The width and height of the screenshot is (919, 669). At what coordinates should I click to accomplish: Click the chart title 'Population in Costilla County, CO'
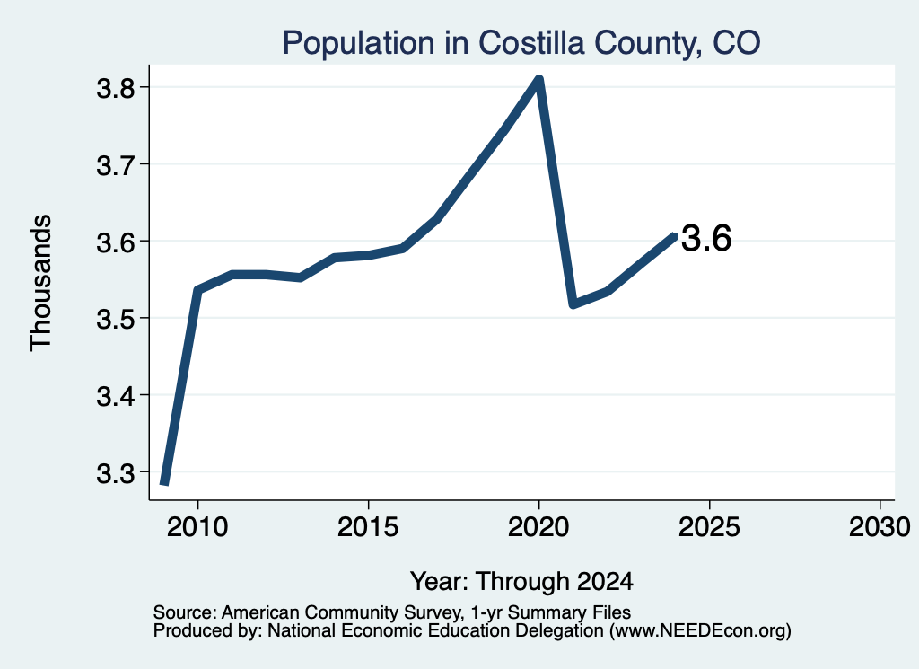coord(521,43)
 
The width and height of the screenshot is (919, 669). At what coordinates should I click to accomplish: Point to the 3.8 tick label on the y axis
coord(116,88)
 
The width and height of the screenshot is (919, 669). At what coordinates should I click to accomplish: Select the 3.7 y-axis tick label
coord(116,164)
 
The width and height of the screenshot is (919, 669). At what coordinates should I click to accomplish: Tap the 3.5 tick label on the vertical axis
coord(116,319)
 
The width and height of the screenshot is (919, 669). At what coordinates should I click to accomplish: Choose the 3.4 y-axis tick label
coord(116,396)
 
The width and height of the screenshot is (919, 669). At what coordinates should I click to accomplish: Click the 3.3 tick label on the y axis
coord(116,472)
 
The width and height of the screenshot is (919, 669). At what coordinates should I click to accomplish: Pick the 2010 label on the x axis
coord(197,527)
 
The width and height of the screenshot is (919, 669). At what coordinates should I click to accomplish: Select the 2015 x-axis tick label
coord(368,527)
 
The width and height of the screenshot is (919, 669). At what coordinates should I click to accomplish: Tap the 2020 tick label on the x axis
coord(538,527)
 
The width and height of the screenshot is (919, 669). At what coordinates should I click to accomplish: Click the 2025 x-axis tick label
coord(709,527)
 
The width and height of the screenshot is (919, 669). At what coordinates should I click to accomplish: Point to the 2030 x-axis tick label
coord(880,527)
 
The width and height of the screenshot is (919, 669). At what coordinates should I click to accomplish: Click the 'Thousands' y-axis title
coord(41,283)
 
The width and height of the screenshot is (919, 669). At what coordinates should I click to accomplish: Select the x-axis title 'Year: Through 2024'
coord(521,582)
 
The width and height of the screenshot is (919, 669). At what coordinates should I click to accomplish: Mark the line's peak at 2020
coord(538,79)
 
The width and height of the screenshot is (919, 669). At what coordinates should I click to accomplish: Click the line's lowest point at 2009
coord(165,484)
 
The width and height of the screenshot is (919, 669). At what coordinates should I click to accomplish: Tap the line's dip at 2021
coord(573,304)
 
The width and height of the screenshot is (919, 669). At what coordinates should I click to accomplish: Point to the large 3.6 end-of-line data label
coord(706,239)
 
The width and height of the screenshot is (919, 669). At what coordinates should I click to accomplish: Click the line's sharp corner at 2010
coord(197,289)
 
